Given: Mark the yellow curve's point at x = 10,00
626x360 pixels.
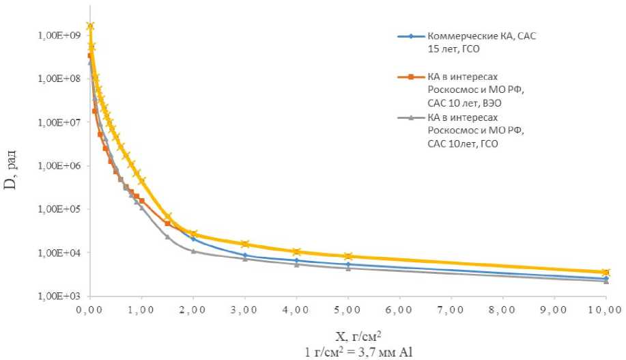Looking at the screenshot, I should pos(605,273).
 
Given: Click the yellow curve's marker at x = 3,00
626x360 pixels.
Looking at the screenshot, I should pos(245,244).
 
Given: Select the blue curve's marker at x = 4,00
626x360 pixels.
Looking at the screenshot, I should pos(296,260).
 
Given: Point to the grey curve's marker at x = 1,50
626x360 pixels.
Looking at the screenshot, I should pos(167,236).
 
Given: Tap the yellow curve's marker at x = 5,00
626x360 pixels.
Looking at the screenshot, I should pos(348,256).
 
